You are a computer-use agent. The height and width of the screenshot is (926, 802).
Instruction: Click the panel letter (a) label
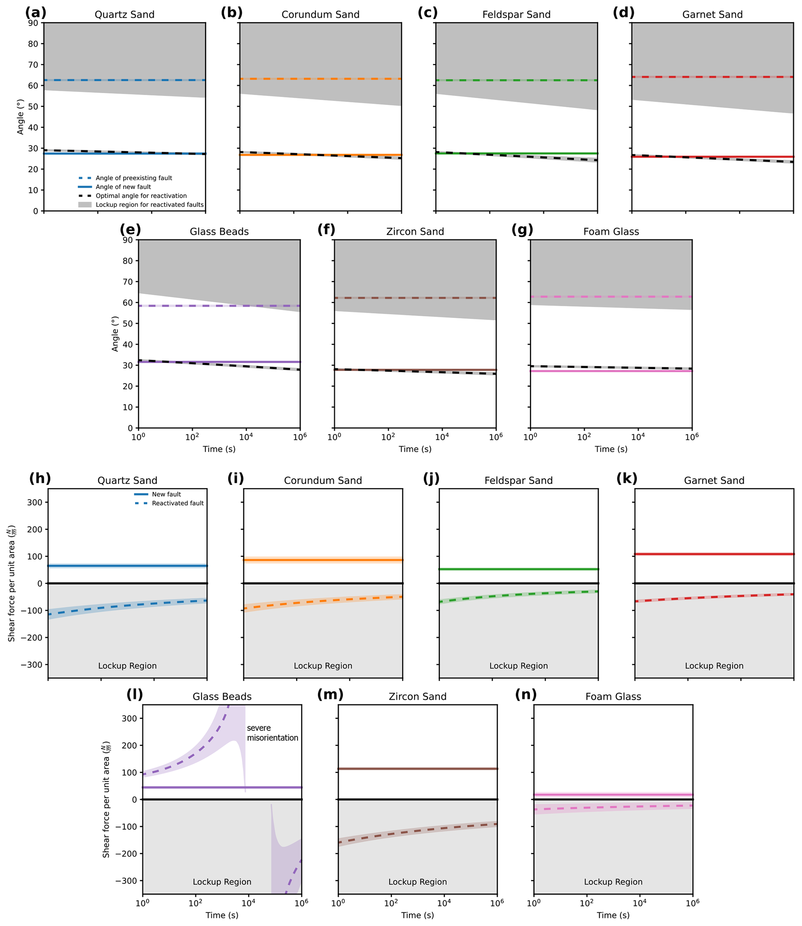[35, 12]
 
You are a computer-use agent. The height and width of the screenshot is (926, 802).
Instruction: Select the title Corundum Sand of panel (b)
[320, 15]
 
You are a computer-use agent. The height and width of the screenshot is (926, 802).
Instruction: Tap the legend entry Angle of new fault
[123, 187]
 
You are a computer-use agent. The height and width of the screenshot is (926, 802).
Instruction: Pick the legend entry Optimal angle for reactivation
[141, 196]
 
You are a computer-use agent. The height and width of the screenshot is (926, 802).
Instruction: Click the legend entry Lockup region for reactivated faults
[149, 205]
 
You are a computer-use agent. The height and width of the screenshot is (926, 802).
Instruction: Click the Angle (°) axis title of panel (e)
[115, 334]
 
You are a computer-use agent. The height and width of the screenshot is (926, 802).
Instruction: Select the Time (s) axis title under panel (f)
[415, 449]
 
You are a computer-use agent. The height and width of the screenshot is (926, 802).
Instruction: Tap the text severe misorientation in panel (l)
[272, 733]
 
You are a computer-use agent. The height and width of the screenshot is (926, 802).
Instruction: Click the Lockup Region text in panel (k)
[714, 666]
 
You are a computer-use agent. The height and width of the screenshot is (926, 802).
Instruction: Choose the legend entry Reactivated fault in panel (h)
[177, 503]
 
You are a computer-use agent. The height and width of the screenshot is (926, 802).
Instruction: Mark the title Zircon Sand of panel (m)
[417, 696]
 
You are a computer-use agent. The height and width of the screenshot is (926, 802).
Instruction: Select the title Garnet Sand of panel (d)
[712, 15]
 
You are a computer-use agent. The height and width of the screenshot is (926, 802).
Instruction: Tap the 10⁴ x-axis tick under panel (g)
[638, 437]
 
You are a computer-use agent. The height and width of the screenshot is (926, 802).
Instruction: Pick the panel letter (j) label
[431, 479]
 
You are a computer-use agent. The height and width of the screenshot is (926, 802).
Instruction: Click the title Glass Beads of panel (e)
[219, 232]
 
